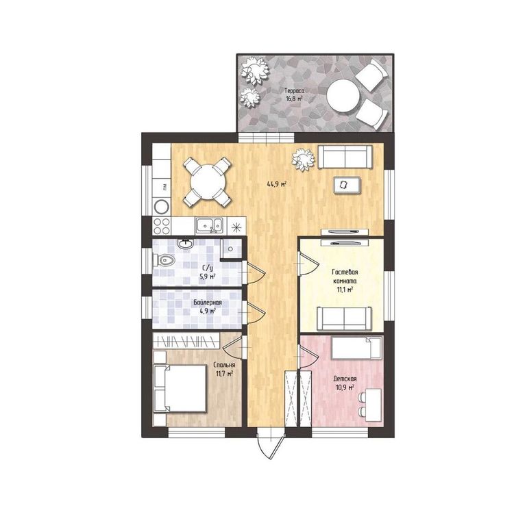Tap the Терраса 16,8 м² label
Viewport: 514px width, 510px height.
point(294,94)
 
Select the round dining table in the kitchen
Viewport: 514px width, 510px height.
point(208,181)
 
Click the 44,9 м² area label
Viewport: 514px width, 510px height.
point(277,184)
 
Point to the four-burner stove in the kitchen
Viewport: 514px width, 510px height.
point(162,226)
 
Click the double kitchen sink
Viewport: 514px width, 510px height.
point(210,226)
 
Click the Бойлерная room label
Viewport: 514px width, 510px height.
point(207,303)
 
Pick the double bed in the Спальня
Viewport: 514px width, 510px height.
point(180,388)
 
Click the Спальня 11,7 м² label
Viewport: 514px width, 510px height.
point(224,369)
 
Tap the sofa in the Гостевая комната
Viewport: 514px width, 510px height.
point(344,318)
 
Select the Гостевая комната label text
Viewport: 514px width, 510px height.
point(344,277)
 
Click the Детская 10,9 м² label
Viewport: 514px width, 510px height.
point(345,383)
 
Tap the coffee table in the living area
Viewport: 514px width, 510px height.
point(347,186)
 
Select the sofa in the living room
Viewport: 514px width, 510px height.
point(345,157)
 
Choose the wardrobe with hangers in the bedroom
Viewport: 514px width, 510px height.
point(186,341)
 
